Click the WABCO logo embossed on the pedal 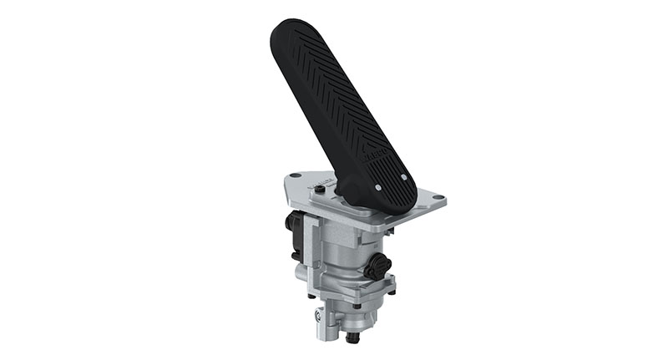point(373,157)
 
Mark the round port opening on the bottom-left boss point(319,317)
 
